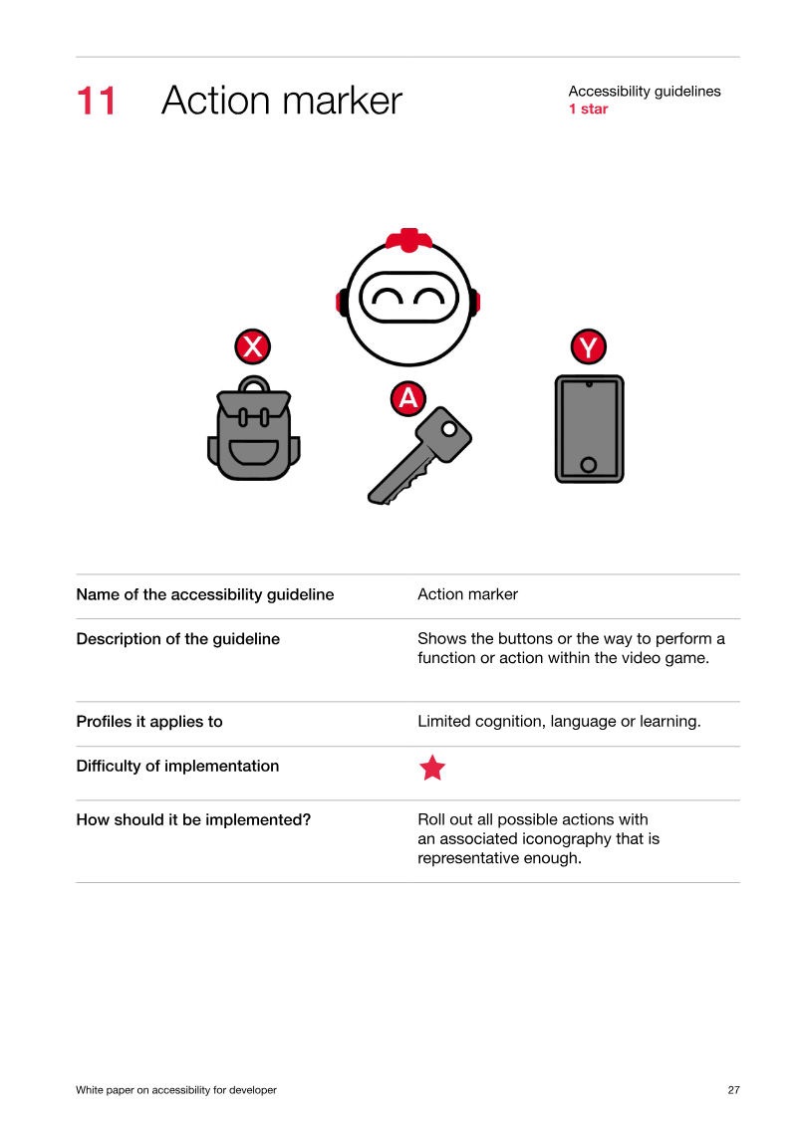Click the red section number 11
tap(96, 101)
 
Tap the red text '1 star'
tap(588, 110)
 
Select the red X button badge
tap(253, 346)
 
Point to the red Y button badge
tap(589, 346)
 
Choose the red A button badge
tap(408, 398)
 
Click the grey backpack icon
tap(254, 428)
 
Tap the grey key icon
tap(419, 455)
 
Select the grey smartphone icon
tap(590, 429)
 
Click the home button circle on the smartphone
tap(589, 465)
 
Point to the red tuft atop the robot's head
tap(408, 240)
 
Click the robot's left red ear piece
tap(341, 302)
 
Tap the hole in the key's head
tap(449, 429)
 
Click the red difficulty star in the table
tap(432, 768)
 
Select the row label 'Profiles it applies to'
tap(149, 722)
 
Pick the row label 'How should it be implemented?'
tap(193, 820)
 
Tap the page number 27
tap(734, 1090)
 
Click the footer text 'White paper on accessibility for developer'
tap(176, 1090)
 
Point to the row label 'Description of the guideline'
tap(178, 639)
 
